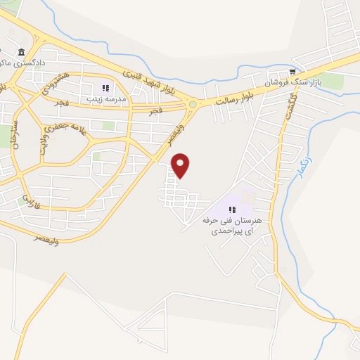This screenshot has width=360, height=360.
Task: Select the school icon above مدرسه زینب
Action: (106, 89)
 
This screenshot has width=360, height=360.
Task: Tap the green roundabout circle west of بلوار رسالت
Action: (192, 105)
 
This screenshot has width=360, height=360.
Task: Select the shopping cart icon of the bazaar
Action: (292, 72)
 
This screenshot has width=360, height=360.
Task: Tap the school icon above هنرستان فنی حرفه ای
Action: (232, 209)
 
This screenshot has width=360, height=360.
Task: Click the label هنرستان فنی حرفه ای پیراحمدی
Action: (232, 225)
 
